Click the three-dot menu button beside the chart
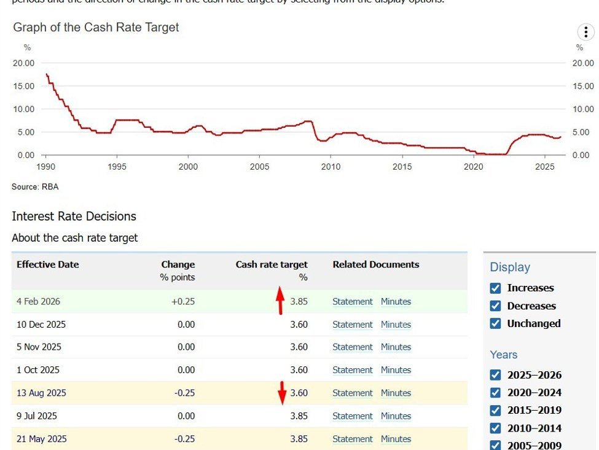(x=585, y=33)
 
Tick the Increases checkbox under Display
(x=496, y=288)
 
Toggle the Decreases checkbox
(x=496, y=306)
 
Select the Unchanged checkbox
(x=496, y=323)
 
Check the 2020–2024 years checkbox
(x=496, y=392)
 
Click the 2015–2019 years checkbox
(x=496, y=410)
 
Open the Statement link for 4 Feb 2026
(x=353, y=302)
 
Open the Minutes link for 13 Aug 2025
(x=396, y=393)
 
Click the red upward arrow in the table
(x=280, y=300)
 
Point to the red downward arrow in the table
(x=282, y=393)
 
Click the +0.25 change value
(x=183, y=302)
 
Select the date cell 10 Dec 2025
(x=41, y=325)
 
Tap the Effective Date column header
(x=48, y=265)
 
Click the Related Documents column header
(x=376, y=265)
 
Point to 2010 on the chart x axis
(x=331, y=167)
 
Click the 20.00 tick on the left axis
(x=23, y=63)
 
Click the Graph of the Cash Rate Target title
(x=96, y=28)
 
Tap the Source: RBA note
(x=35, y=186)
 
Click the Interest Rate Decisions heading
(x=74, y=216)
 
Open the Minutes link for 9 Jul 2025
(x=396, y=416)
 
